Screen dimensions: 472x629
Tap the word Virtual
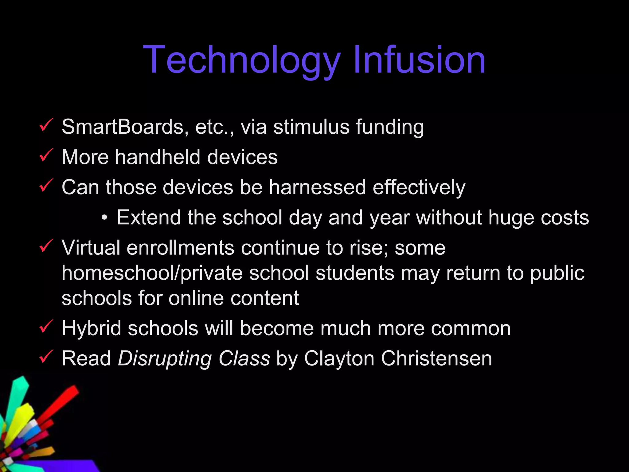(x=91, y=248)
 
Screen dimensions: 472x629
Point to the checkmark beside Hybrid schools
(x=46, y=326)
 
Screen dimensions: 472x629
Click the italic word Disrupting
(x=165, y=359)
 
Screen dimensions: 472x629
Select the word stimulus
(x=311, y=127)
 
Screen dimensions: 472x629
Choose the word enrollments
(x=180, y=248)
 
